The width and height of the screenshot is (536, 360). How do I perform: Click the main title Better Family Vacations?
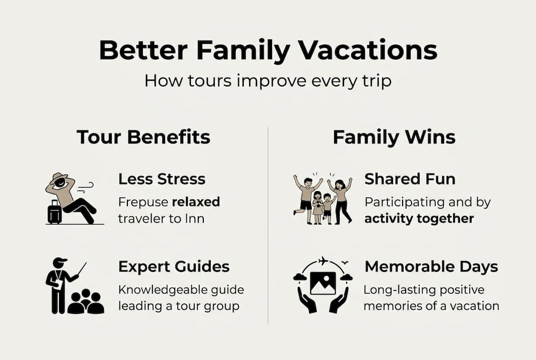coord(268,50)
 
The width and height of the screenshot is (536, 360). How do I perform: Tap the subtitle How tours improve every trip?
coord(268,80)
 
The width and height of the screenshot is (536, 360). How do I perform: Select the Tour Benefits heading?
coord(143,137)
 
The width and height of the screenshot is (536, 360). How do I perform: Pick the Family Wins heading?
coord(394,137)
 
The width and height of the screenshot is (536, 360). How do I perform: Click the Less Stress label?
coord(162,178)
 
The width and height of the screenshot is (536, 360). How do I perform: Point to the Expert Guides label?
coord(174,266)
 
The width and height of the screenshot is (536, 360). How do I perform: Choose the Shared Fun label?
coord(410,178)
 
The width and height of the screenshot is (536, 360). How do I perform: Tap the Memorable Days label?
coord(431,266)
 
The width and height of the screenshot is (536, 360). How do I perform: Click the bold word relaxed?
coord(196,202)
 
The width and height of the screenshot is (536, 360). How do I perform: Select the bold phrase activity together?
coord(419,218)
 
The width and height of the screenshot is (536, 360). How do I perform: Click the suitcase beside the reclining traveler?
coord(54,213)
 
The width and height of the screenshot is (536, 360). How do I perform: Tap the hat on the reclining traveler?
coord(59,177)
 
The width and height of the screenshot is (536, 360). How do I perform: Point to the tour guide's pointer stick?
coord(82,269)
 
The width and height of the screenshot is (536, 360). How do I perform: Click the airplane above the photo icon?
coord(323,261)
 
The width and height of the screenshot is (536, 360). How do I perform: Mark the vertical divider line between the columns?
coord(268,225)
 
